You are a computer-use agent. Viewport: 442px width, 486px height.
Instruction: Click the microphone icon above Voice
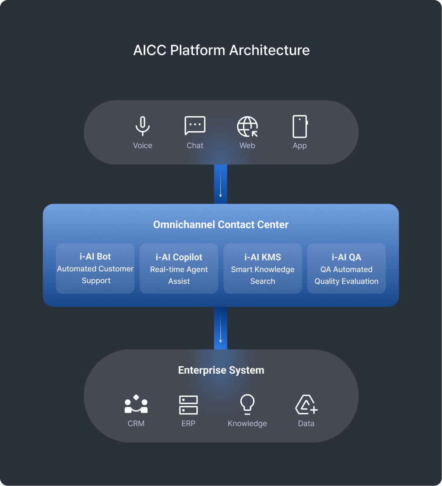(142, 126)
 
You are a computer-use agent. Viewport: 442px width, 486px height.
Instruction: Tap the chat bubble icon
(195, 126)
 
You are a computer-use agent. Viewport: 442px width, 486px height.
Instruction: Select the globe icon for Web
(247, 127)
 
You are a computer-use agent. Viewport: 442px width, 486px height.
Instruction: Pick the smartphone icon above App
(300, 127)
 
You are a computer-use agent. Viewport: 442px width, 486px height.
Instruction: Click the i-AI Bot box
(95, 268)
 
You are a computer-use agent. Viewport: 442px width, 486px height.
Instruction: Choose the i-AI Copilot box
(179, 268)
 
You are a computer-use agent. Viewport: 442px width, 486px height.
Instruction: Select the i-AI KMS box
(263, 268)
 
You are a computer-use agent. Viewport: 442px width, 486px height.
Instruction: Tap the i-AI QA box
(346, 268)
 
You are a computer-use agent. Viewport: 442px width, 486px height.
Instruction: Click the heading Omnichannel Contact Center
(221, 225)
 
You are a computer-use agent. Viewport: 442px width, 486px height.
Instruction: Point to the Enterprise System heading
(221, 370)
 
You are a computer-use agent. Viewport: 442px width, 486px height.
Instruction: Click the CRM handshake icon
(136, 404)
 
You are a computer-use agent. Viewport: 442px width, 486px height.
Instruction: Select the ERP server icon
(188, 405)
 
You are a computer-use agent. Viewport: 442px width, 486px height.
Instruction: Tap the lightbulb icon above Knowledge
(247, 404)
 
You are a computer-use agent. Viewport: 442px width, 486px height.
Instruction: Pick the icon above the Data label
(306, 404)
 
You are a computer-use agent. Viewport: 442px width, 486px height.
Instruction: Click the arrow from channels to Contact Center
(220, 184)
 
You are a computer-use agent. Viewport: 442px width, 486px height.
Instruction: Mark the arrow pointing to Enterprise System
(220, 328)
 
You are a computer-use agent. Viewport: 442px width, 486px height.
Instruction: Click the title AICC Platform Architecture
(221, 50)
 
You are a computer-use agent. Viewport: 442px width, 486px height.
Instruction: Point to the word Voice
(143, 146)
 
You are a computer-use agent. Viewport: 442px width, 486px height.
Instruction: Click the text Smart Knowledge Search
(263, 275)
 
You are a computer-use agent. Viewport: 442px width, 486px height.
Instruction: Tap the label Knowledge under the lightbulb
(247, 424)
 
